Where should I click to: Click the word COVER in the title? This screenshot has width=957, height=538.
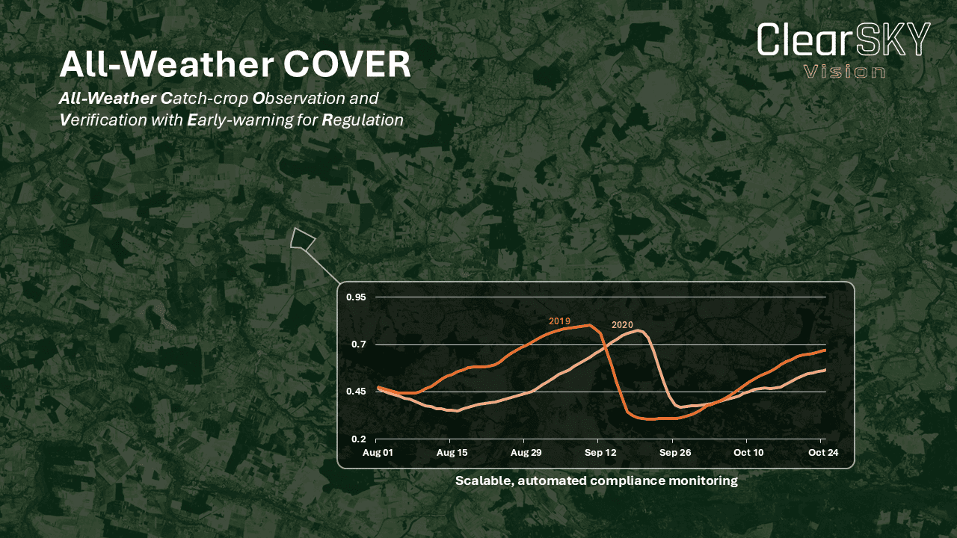pos(346,64)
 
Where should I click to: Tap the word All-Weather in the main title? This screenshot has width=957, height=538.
pos(167,64)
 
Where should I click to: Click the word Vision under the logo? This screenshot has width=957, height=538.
pos(844,71)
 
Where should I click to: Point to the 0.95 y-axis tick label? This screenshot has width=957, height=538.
pos(356,297)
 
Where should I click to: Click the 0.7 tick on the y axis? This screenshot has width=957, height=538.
pos(359,344)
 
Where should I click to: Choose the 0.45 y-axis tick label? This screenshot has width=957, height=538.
pos(356,392)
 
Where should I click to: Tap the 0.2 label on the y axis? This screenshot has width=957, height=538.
pos(359,439)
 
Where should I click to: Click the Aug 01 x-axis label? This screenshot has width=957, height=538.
pos(378,453)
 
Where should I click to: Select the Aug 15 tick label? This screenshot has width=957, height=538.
pos(452,453)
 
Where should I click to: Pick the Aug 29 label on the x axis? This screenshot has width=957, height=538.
pos(526,453)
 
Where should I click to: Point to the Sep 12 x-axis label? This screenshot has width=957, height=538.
pos(600,453)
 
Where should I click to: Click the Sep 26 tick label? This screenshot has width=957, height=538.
pos(675,453)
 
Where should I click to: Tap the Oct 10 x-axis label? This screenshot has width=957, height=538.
pos(748,453)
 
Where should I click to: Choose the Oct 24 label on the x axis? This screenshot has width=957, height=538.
pos(823,453)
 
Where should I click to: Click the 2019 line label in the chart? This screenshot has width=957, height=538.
pos(560,321)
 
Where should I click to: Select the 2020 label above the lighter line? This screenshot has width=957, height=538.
pos(623,325)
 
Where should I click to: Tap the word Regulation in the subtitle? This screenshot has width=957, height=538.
pos(363,120)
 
